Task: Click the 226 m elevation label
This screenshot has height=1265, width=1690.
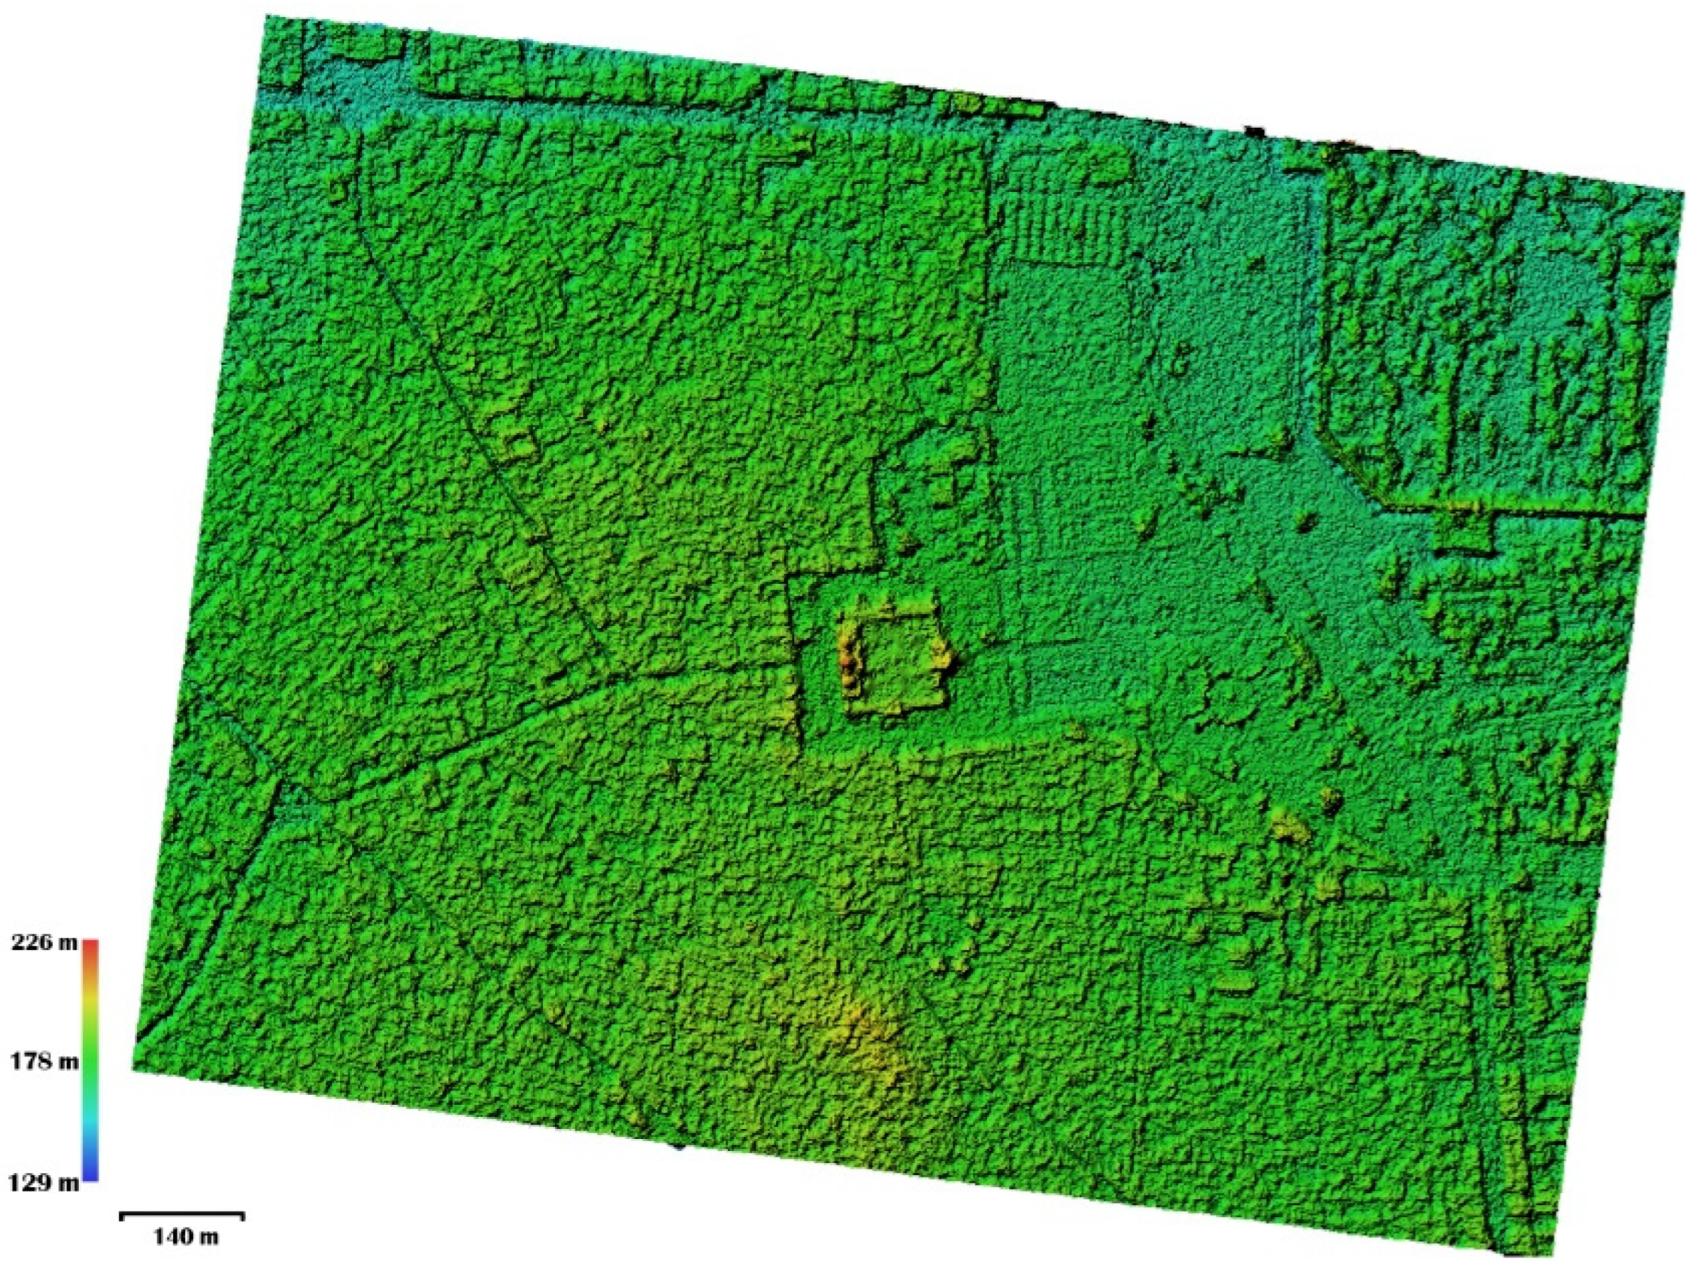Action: click(x=44, y=942)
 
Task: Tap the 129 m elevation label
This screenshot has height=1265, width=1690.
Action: click(x=44, y=1183)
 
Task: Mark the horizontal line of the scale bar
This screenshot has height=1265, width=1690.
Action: click(x=183, y=1213)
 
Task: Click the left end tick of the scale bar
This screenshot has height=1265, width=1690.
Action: click(x=122, y=1216)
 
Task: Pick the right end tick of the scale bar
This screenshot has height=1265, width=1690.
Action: click(x=243, y=1216)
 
